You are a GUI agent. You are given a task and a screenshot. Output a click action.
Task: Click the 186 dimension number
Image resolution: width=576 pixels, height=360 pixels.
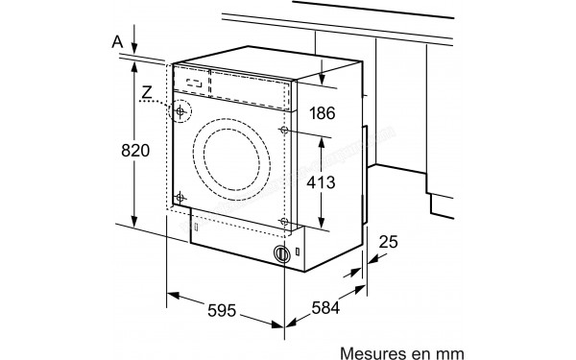(323, 113)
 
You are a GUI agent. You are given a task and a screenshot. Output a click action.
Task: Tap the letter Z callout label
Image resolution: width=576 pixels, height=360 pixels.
(145, 94)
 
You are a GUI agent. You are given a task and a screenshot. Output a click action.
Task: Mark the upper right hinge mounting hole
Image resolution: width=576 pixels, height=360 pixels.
(284, 130)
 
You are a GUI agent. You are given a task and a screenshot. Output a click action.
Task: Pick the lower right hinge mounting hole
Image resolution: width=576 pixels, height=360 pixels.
(284, 223)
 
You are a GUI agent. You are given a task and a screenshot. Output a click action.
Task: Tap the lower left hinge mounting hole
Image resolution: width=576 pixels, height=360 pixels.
(179, 199)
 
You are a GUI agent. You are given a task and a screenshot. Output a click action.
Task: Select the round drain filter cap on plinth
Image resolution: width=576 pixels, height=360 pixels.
(281, 254)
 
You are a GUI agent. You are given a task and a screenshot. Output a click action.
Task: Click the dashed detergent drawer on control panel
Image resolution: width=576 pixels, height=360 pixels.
(194, 83)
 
